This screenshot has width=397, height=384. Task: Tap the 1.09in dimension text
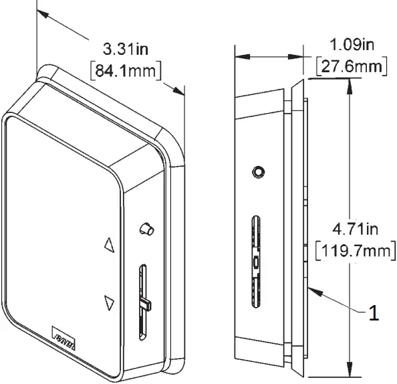coord(352,45)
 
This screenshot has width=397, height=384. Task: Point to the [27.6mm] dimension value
coord(352,67)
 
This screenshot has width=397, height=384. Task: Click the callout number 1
coord(374,312)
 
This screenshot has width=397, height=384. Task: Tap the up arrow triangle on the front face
coord(110,244)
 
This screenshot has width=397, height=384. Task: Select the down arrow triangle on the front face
coord(110,303)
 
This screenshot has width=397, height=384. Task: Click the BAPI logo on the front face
coord(65,332)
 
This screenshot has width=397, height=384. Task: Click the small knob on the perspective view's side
coord(145,229)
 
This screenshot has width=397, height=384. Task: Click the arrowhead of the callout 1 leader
coord(313,288)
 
